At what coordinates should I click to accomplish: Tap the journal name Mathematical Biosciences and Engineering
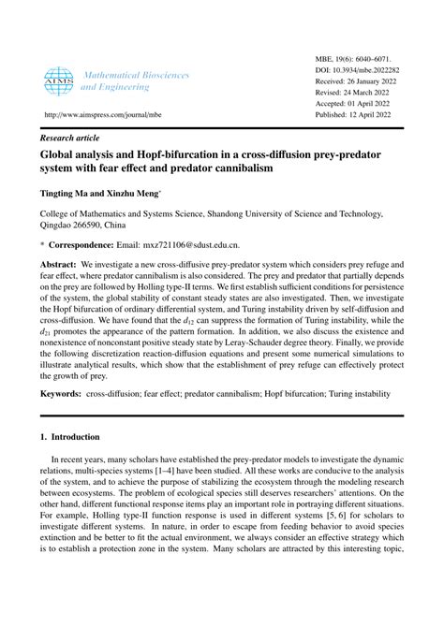[135, 80]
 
